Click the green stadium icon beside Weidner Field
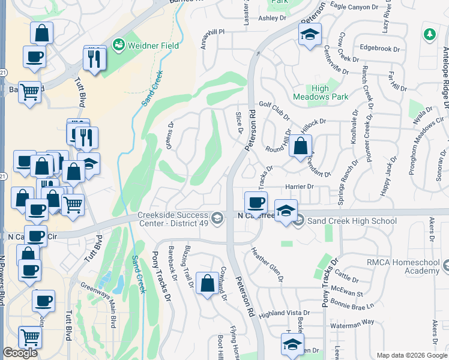[118, 44]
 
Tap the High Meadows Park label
[321, 92]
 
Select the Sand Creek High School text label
[352, 221]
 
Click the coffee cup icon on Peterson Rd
[256, 202]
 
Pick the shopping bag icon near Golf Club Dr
[301, 145]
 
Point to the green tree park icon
[429, 35]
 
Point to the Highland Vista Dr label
[284, 313]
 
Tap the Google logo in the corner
[20, 353]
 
